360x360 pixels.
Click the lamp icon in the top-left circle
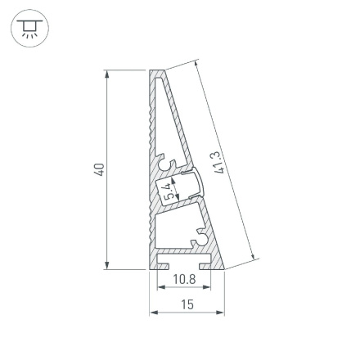(29, 29)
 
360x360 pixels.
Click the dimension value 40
(100, 170)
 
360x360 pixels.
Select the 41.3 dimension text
(218, 162)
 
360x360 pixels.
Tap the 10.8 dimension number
(186, 279)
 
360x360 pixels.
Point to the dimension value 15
(186, 304)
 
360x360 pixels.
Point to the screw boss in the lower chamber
(196, 240)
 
